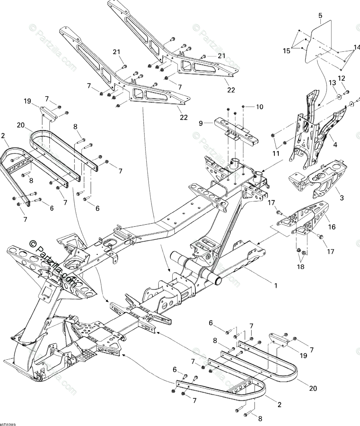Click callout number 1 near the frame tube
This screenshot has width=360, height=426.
pos(276,285)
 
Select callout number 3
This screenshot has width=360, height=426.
pos(342,198)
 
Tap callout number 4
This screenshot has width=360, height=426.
pos(334,144)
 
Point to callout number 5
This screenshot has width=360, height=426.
pos(320,15)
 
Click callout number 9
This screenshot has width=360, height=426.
pos(201,123)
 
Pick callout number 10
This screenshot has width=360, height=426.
pos(260,106)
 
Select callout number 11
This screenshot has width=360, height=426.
pos(276,154)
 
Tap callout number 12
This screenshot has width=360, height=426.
pos(341,78)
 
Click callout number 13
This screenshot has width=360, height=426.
pos(332,83)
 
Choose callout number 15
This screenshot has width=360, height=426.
pos(286,51)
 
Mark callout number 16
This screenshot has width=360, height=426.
pos(332,226)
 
